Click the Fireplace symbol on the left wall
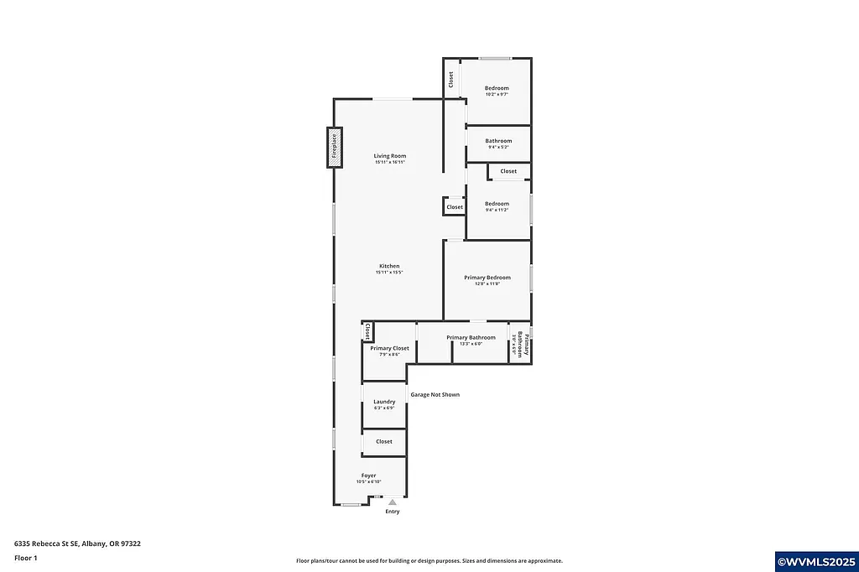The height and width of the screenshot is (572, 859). [335, 147]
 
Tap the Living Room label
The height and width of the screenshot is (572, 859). [390, 156]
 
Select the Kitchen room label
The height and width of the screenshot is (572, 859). [389, 267]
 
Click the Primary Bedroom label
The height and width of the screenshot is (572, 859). [487, 278]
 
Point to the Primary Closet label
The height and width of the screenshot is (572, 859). [389, 348]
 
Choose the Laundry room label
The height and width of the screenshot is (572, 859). [384, 402]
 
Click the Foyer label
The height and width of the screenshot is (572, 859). [369, 476]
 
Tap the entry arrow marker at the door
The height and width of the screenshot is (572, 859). [392, 502]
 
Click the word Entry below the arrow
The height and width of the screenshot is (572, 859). [392, 512]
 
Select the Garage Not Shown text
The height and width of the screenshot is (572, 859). [435, 394]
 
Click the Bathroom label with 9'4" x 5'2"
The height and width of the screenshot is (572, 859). [498, 141]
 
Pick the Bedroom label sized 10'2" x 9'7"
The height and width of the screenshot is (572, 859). [497, 88]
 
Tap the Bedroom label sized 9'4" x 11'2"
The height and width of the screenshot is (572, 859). [497, 204]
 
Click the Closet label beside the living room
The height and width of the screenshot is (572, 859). [455, 207]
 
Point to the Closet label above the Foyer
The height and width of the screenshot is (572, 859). [384, 441]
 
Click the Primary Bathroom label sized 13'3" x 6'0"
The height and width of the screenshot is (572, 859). [471, 338]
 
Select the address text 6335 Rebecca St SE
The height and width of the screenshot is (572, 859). [77, 543]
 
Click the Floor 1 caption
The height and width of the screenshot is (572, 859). [26, 558]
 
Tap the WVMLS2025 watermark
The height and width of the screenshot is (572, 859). [816, 561]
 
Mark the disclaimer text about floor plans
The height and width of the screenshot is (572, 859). [429, 561]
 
